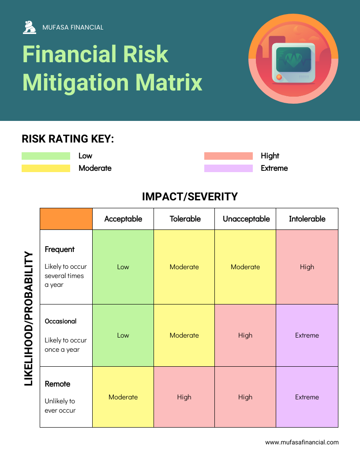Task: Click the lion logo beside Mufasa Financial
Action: click(x=30, y=27)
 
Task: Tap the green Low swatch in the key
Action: click(x=46, y=156)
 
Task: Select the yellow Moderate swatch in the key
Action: click(x=46, y=168)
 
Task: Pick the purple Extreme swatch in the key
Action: click(x=228, y=168)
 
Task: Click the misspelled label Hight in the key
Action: click(x=270, y=156)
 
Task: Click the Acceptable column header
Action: click(x=123, y=219)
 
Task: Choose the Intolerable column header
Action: click(x=307, y=219)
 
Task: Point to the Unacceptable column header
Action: click(x=246, y=219)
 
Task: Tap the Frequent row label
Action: click(x=60, y=249)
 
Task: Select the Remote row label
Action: click(x=58, y=384)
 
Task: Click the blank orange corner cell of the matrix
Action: click(x=66, y=219)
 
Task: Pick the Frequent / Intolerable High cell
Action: click(x=307, y=267)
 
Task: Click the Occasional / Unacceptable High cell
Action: click(x=245, y=335)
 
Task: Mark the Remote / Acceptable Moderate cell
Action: click(x=123, y=397)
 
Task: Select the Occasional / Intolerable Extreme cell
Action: click(x=307, y=335)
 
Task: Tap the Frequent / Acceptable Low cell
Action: click(x=123, y=267)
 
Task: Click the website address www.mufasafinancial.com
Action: click(x=302, y=442)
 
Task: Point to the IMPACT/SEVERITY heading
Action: click(x=190, y=197)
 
